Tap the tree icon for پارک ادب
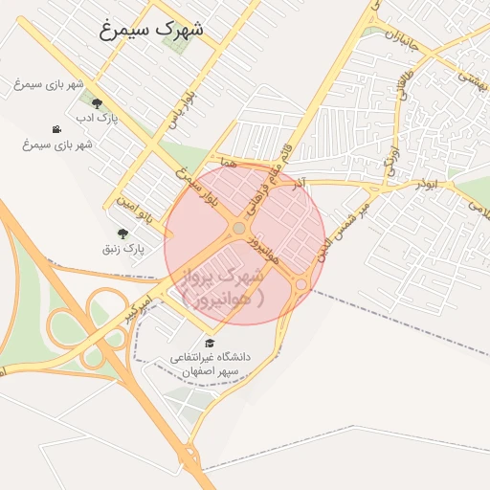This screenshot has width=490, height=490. click(97, 103)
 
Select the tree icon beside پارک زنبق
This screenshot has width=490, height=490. click(122, 234)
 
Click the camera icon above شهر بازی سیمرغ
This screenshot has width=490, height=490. click(57, 129)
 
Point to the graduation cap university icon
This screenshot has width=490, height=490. click(210, 343)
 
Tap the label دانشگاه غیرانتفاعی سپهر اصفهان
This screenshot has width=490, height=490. click(210, 364)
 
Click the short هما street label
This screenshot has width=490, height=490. click(227, 164)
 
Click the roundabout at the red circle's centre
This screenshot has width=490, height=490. click(238, 228)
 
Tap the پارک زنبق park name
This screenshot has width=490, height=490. click(123, 249)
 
